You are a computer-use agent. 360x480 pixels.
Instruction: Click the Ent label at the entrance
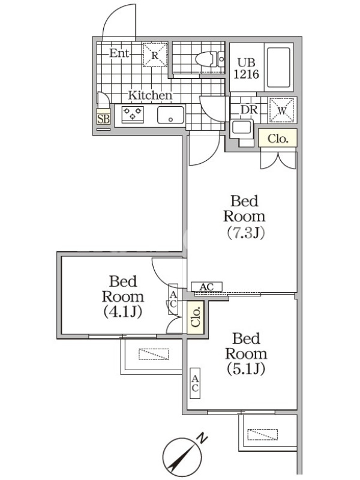click(119, 53)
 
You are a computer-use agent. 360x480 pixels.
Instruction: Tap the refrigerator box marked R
click(155, 55)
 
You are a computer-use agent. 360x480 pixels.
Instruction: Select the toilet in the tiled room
click(210, 59)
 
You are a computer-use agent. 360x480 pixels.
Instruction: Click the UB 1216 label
click(247, 68)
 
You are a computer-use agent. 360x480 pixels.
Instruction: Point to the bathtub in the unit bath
click(278, 67)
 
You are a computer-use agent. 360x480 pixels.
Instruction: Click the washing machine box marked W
click(281, 110)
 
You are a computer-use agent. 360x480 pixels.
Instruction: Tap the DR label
click(249, 110)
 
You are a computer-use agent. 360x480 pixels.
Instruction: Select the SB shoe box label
click(103, 118)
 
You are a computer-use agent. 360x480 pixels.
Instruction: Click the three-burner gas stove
click(133, 114)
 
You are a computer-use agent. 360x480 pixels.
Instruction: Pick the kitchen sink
click(171, 115)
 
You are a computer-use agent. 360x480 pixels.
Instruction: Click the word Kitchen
click(150, 95)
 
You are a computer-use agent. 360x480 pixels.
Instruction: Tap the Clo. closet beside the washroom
click(278, 139)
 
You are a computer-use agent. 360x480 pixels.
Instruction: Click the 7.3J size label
click(245, 233)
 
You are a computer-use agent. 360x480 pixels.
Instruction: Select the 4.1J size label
click(122, 311)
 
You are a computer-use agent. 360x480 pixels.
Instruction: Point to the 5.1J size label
click(246, 368)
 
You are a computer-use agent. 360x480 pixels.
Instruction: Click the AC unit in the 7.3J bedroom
click(206, 287)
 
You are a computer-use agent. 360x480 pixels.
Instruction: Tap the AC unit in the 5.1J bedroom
click(195, 383)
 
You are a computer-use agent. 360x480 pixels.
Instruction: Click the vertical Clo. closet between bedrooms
click(196, 317)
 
